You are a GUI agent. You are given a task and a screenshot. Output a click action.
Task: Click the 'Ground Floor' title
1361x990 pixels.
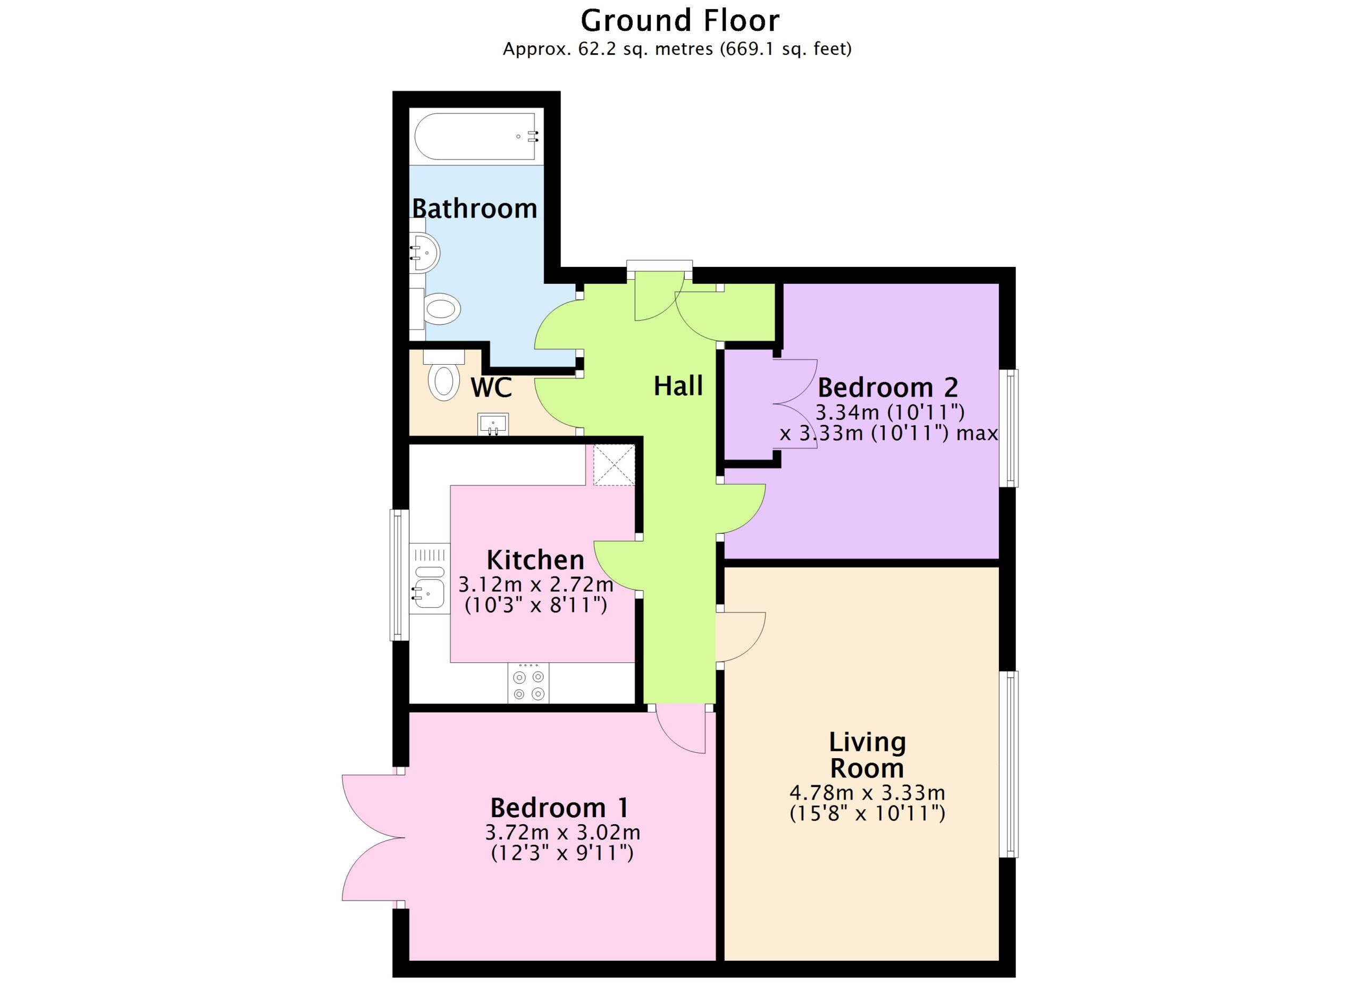(x=680, y=20)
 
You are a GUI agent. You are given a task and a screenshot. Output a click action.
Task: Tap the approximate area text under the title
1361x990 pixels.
(x=677, y=48)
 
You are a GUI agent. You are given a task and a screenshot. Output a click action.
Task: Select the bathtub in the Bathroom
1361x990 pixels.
(x=476, y=137)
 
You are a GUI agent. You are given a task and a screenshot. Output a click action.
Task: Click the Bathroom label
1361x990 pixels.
(x=474, y=208)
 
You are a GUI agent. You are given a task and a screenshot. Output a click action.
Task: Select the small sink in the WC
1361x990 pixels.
(x=493, y=424)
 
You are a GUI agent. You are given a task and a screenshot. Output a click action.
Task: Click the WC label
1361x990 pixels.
(x=491, y=388)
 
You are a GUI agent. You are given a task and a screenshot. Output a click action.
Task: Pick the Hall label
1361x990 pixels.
(x=678, y=386)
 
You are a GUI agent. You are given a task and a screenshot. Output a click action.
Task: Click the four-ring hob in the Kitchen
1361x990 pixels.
(x=528, y=682)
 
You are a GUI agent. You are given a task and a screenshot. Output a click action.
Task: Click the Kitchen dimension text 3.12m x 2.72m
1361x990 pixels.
(x=536, y=584)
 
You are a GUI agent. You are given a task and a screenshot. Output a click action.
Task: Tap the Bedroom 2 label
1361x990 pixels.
(x=888, y=387)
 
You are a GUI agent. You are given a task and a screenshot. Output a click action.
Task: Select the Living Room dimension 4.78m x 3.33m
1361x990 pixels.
(x=867, y=793)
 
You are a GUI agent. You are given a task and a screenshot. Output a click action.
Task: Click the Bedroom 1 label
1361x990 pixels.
(x=559, y=808)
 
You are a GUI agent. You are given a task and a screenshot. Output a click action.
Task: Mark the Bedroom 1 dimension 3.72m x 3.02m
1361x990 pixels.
(x=562, y=833)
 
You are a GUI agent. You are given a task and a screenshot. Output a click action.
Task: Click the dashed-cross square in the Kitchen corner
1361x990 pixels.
(x=614, y=465)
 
